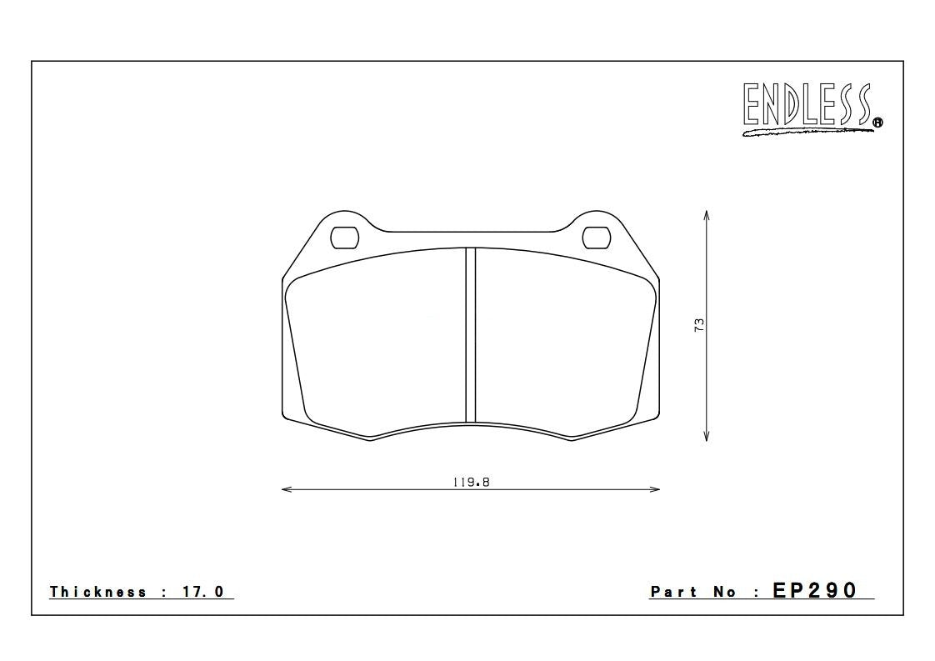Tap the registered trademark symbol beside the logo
(877, 123)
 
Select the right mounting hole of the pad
(596, 238)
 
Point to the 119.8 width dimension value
(471, 482)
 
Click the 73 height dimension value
(700, 324)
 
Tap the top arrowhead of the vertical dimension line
(706, 214)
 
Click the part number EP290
(814, 590)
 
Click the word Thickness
(98, 592)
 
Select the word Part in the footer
(674, 592)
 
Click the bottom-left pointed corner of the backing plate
(371, 439)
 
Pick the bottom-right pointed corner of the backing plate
(571, 439)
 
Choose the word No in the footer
(724, 592)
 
